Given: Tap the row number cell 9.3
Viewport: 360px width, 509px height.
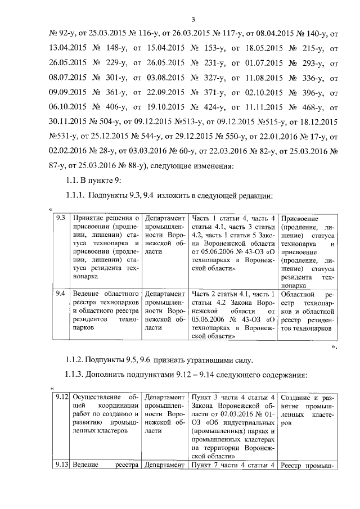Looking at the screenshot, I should pos(60,218).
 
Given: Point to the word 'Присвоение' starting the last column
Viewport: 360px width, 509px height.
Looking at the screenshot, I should pos(300,218).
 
